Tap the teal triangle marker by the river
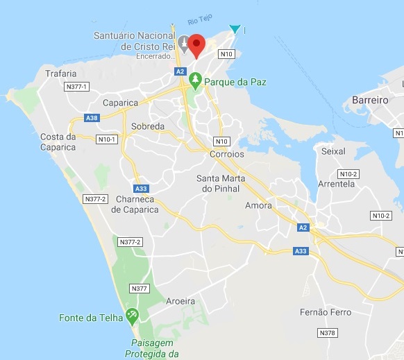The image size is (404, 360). click(x=235, y=29)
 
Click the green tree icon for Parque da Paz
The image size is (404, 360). click(x=196, y=81)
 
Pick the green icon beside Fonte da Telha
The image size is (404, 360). click(x=132, y=317)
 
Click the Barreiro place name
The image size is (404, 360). click(x=370, y=100)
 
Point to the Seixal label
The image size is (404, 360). click(x=334, y=151)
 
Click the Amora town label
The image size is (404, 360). click(x=258, y=206)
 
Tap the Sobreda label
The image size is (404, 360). click(x=148, y=127)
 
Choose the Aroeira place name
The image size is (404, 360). click(x=180, y=301)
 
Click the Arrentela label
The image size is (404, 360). click(x=337, y=184)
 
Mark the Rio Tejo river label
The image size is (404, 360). click(x=199, y=22)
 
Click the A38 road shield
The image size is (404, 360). click(x=91, y=118)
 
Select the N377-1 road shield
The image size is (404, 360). click(x=74, y=87)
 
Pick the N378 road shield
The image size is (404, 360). click(x=328, y=334)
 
